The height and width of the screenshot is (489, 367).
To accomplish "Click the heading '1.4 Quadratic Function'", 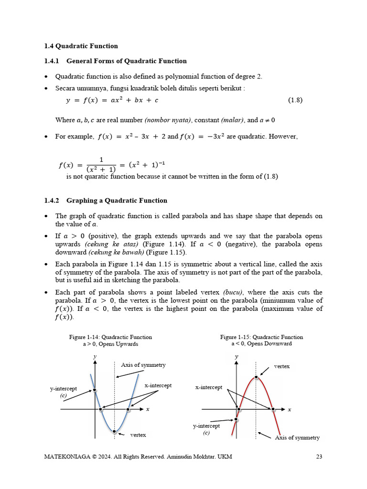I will (81, 46).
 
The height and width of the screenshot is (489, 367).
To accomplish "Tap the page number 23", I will (319, 457).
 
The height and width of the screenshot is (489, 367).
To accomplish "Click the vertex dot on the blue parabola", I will (114, 431).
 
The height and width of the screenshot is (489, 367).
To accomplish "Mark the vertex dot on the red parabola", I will (257, 377).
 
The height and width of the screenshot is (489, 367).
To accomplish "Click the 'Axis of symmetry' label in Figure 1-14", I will (143, 365).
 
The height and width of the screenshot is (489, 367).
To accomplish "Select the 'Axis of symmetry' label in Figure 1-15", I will (297, 437).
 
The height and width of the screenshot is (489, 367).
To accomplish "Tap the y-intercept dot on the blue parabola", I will (95, 390).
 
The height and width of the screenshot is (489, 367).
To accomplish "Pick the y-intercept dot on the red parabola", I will (236, 420).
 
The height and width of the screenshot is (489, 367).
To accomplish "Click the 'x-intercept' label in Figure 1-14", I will (158, 385).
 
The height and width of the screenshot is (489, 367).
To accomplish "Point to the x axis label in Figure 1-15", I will (290, 410).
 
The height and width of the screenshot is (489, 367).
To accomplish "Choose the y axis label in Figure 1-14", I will (95, 357).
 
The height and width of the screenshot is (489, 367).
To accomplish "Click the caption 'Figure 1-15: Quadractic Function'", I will (261, 337).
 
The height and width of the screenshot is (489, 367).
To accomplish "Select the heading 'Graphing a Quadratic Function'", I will (117, 201).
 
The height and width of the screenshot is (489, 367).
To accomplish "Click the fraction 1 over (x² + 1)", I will (101, 165).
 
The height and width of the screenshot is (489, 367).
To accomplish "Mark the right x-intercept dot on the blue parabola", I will (128, 409).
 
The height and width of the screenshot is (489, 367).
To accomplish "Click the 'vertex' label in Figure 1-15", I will (281, 366).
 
